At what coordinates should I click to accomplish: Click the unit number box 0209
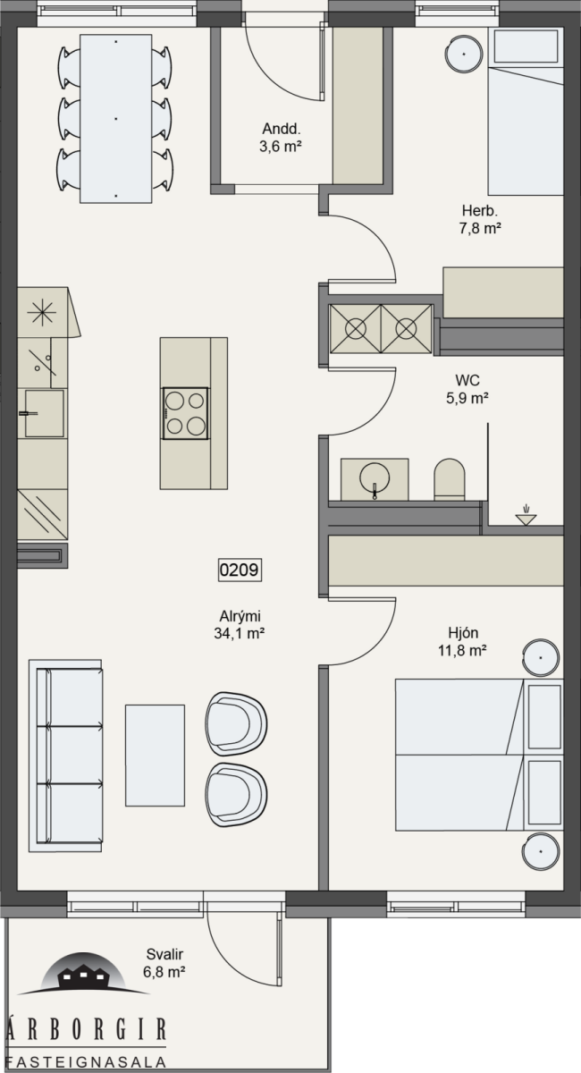pos(240,570)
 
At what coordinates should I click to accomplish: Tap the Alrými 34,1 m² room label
pos(240,625)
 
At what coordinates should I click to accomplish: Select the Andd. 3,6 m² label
pos(281,138)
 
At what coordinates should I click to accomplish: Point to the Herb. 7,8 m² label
pos(480,219)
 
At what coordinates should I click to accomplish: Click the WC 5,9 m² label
pos(467,389)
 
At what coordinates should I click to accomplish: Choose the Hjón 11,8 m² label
pos(463,642)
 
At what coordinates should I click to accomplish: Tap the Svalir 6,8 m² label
pos(164,963)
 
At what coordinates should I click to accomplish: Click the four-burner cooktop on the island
pos(185,413)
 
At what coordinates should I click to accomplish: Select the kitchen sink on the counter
pos(44,413)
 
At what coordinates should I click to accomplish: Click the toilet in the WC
pos(450,479)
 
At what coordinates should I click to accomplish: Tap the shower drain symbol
pos(526,516)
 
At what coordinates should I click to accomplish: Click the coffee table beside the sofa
pos(155,756)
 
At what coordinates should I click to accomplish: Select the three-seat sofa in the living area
pos(65,756)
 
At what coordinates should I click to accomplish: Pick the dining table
pos(116,119)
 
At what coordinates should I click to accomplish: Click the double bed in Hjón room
pos(479,755)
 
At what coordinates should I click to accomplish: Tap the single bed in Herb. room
pos(526,111)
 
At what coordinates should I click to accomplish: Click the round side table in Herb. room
pos(464,55)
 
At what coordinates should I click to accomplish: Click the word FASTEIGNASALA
pos(85,1061)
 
